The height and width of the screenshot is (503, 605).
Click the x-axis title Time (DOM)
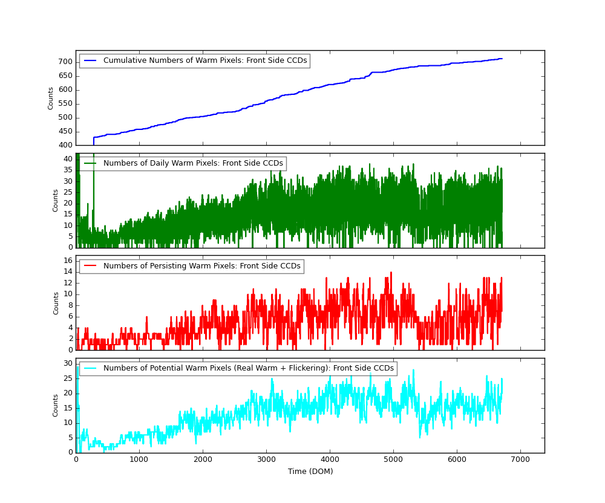(310, 472)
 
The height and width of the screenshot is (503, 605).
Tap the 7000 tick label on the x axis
(520, 459)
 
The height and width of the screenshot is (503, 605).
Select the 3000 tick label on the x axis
(266, 459)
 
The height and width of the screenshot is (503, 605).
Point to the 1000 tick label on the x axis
(139, 459)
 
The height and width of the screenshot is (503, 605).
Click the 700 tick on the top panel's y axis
(65, 62)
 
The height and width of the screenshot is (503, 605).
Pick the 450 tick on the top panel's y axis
(65, 131)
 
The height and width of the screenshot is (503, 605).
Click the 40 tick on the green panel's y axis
(68, 159)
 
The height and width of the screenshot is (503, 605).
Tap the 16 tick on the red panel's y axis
(68, 261)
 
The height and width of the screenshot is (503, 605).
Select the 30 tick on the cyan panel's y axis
(68, 363)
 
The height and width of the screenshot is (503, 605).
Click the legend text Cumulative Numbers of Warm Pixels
(205, 60)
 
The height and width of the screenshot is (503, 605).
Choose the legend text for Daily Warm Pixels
(193, 163)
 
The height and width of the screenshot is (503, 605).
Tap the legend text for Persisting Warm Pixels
(201, 266)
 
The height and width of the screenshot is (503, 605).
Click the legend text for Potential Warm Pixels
(248, 368)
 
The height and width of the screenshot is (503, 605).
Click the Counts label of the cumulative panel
(51, 98)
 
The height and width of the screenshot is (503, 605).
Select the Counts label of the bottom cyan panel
(56, 405)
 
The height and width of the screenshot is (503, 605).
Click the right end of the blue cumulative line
(502, 59)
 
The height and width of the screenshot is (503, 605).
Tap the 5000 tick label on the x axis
(393, 459)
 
